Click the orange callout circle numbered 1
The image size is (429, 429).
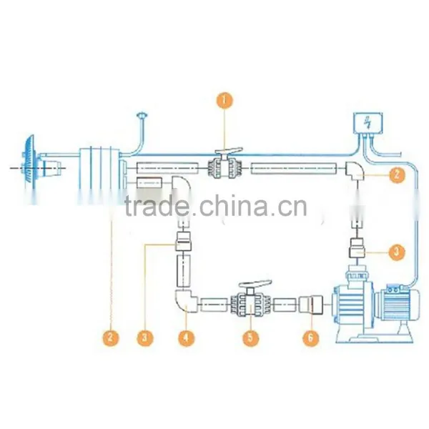click(225, 101)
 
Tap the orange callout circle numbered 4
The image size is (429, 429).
click(187, 337)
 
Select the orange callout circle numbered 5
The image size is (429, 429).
click(251, 337)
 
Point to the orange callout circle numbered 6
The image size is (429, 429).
click(311, 337)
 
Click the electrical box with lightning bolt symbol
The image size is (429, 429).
click(368, 122)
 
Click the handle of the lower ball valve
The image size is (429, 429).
click(255, 284)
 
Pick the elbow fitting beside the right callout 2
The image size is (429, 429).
click(355, 170)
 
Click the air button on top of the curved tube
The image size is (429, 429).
click(142, 114)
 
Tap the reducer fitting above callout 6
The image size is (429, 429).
click(311, 305)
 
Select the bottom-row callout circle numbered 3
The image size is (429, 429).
click(145, 337)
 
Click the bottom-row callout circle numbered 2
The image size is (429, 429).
click(111, 337)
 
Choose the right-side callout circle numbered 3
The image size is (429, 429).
click(397, 252)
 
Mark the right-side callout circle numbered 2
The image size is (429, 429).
click(397, 174)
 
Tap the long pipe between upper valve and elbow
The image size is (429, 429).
click(294, 168)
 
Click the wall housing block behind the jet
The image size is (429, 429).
click(99, 175)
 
